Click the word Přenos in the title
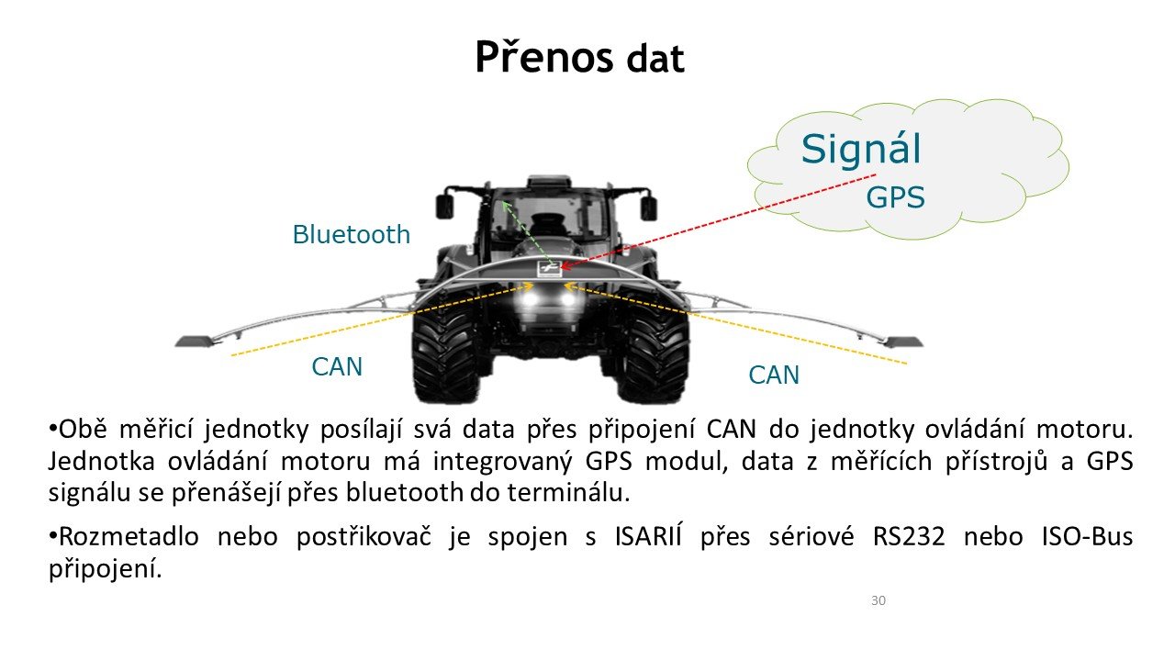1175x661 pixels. [544, 57]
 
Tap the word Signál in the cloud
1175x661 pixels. [861, 150]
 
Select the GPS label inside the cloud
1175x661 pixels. [895, 197]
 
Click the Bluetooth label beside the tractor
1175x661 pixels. [351, 234]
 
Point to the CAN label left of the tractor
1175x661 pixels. [337, 366]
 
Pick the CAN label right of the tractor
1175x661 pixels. [774, 375]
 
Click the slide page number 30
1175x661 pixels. [878, 600]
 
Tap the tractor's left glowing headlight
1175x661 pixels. [530, 299]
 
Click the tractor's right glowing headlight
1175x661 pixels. [568, 299]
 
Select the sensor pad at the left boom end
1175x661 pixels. [196, 342]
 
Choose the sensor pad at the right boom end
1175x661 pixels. [903, 342]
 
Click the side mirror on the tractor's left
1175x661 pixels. [444, 207]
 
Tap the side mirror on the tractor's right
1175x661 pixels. [649, 208]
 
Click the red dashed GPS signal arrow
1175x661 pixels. [719, 221]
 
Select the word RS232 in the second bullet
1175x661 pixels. [909, 537]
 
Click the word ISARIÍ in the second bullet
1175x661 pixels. [648, 535]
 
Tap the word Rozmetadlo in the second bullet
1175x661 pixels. [129, 537]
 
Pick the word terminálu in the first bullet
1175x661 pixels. [568, 492]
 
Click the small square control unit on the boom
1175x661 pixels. [547, 269]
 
